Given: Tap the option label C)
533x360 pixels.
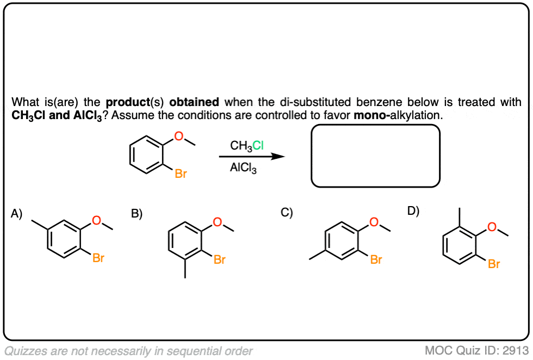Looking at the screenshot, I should click(x=287, y=213).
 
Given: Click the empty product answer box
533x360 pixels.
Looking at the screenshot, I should click(x=375, y=156).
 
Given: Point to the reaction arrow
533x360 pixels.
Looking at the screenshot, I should click(x=252, y=157).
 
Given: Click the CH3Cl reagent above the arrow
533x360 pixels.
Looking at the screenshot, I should click(x=247, y=145).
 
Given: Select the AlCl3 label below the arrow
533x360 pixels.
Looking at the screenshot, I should click(x=243, y=169).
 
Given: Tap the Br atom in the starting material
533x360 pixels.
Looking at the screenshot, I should click(x=181, y=175).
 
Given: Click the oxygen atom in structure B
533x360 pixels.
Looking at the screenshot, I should click(x=218, y=222).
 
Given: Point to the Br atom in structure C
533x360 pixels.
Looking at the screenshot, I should click(x=376, y=260).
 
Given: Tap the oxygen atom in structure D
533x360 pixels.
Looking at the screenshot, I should click(x=492, y=227).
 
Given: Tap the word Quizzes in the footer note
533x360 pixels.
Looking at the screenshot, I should click(x=24, y=351).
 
